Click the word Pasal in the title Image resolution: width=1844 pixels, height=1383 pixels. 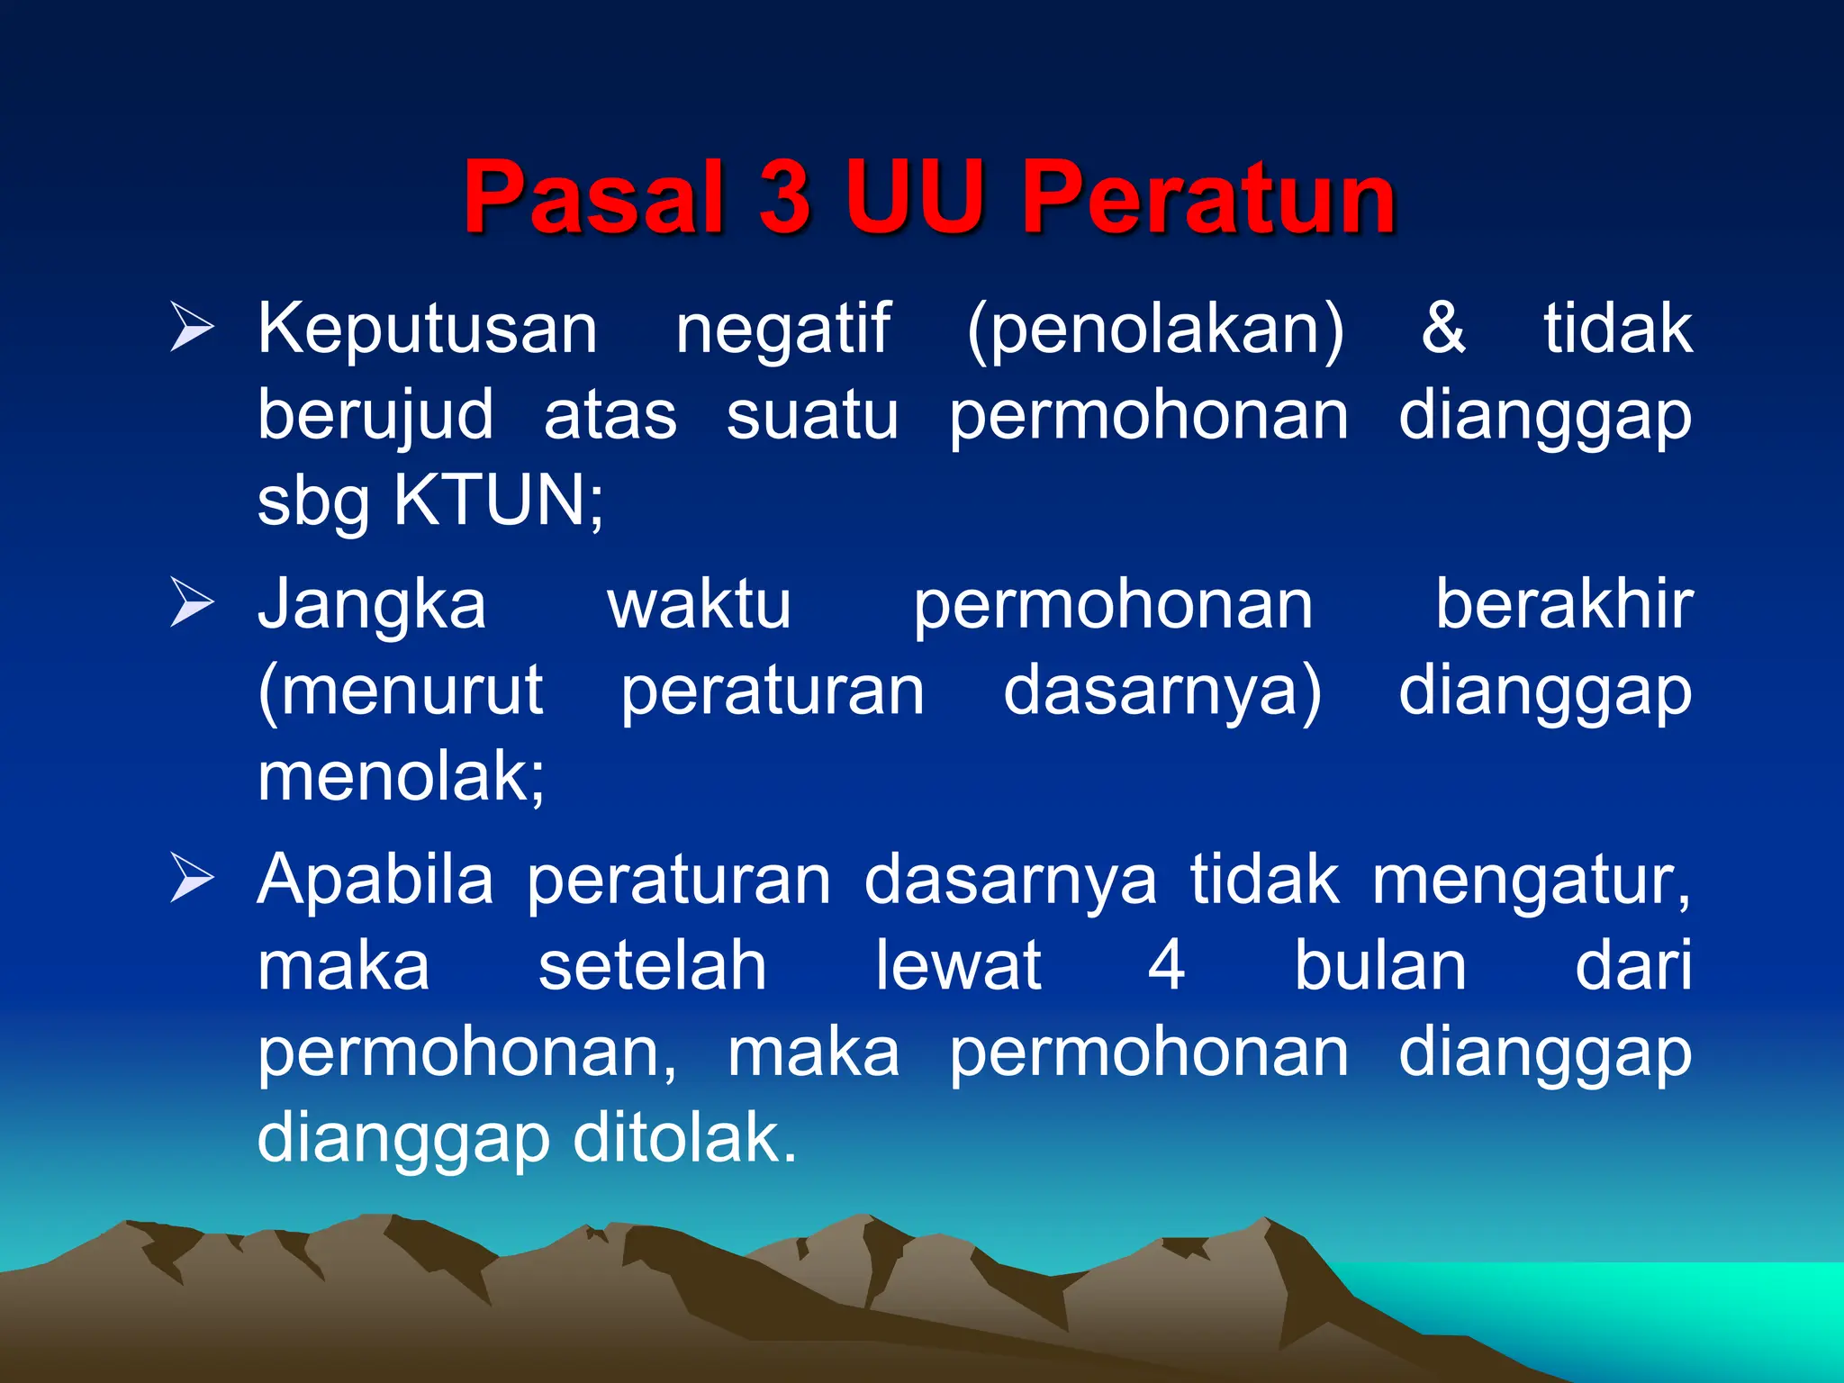(594, 196)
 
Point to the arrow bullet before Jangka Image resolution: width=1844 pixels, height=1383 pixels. (192, 602)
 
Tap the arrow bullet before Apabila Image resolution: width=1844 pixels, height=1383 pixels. (192, 878)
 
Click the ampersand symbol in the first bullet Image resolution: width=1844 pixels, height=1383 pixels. (1442, 328)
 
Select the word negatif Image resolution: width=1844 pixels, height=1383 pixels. (782, 330)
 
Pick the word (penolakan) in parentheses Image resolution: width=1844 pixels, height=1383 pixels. (1155, 330)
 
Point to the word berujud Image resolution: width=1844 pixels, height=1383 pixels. (375, 416)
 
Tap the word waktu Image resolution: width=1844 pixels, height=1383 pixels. (699, 604)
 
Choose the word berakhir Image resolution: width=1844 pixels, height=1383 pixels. (1564, 604)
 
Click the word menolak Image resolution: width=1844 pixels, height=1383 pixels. (401, 777)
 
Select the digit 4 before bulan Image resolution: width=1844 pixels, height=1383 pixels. (1166, 966)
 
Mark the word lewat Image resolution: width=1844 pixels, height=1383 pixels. (959, 966)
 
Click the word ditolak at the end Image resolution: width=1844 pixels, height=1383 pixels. (684, 1138)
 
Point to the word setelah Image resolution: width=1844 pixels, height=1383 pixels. (652, 966)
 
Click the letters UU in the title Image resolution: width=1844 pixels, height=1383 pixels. (913, 196)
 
